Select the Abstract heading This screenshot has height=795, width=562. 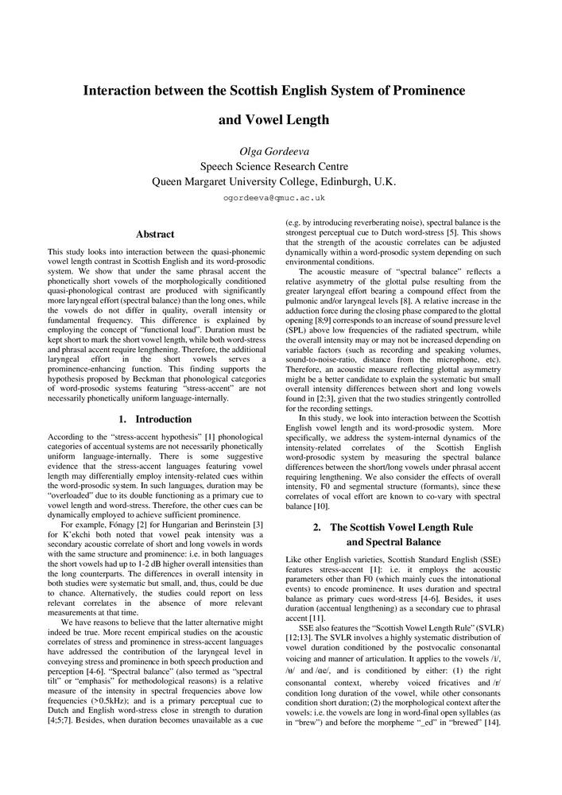pyautogui.click(x=155, y=234)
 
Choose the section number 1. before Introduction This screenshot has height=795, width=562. pyautogui.click(x=122, y=419)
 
